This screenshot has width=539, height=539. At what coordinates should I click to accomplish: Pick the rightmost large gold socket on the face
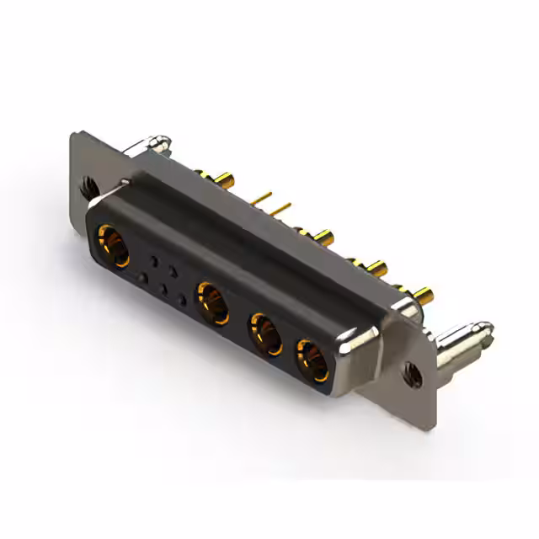pos(312,360)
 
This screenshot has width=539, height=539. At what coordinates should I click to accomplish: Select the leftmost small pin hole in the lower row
pos(144,277)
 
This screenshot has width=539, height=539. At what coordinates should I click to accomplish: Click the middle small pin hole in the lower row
pos(163,288)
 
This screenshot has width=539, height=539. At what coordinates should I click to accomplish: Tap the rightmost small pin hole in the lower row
pos(182,300)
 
